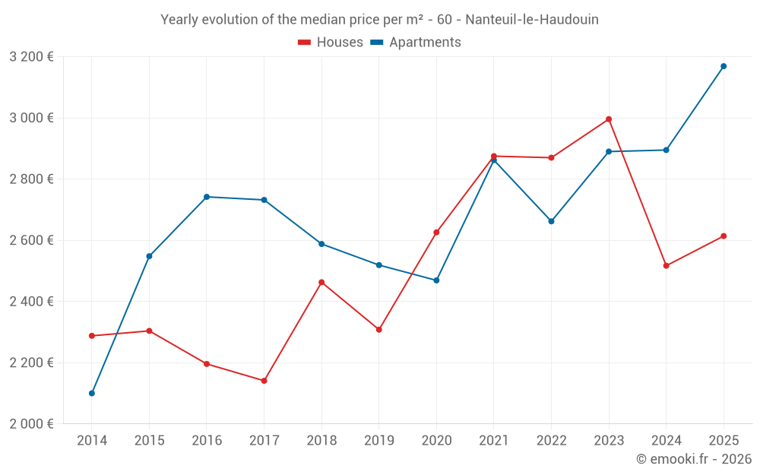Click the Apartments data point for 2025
click(724, 66)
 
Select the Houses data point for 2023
click(609, 119)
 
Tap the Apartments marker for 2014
click(92, 393)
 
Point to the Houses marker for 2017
click(264, 381)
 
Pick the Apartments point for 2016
click(207, 197)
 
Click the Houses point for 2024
click(667, 266)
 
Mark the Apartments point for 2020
click(436, 280)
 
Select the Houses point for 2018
click(321, 283)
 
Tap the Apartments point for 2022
click(552, 221)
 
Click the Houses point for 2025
click(724, 236)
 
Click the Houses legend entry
click(331, 43)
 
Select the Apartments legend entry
click(416, 43)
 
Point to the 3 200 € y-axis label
click(31, 57)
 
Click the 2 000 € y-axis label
click(31, 424)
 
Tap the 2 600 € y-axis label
click(31, 240)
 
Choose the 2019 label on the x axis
click(379, 440)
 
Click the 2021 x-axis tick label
click(494, 440)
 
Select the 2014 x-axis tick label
click(92, 440)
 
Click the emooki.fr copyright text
click(693, 459)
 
